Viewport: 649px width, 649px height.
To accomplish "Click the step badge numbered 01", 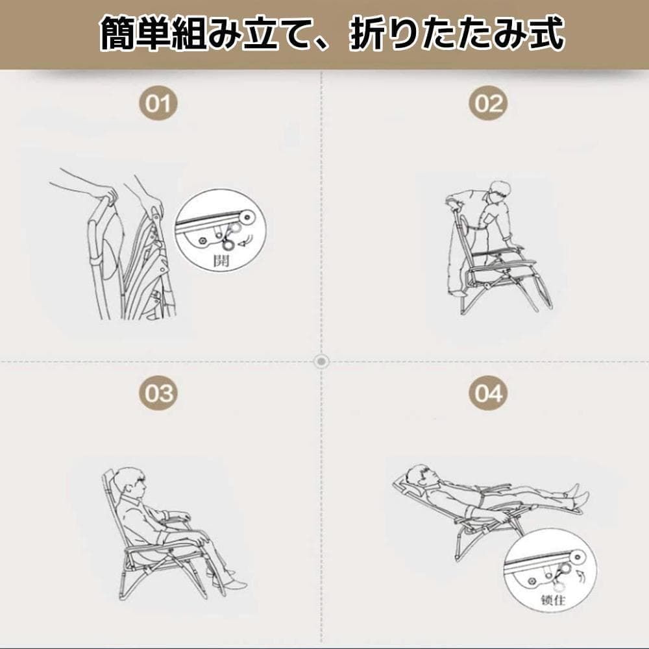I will click(158, 104).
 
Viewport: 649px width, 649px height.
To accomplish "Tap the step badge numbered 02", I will click(487, 104).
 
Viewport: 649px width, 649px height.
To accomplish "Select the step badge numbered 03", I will click(158, 393).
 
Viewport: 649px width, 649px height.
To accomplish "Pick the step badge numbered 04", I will click(487, 393).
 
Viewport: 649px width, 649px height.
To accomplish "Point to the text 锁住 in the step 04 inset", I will click(553, 600).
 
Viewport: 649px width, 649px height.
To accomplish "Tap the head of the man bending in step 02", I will click(500, 190).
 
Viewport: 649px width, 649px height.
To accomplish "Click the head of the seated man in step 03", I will click(130, 481).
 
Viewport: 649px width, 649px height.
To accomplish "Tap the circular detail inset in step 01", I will click(221, 230).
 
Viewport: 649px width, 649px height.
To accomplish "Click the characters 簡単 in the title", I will click(134, 34).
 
